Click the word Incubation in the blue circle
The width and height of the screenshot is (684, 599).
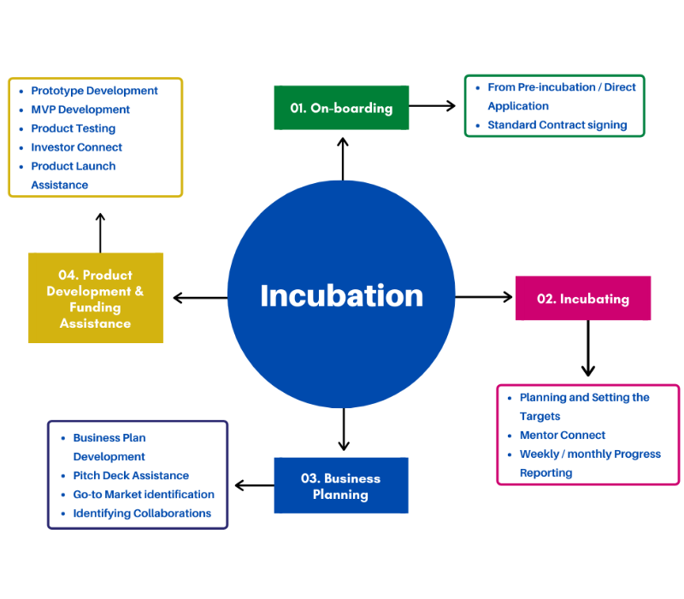tap(341, 296)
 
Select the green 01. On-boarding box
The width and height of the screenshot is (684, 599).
tap(341, 108)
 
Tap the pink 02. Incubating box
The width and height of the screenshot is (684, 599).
tap(582, 299)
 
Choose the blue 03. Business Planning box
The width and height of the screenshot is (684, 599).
tap(341, 486)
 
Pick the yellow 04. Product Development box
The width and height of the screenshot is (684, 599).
tap(96, 299)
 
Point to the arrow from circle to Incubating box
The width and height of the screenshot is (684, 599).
tap(484, 297)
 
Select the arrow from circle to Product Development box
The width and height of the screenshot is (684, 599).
tap(201, 298)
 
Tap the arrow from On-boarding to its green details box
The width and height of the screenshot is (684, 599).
tap(433, 106)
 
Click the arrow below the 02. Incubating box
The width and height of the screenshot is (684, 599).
tap(587, 348)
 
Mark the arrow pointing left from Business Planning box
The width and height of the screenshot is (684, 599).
tap(254, 485)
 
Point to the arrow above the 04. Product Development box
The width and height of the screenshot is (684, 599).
tap(100, 233)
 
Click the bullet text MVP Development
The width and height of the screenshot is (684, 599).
tap(80, 110)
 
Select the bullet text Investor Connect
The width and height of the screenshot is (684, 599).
tap(77, 147)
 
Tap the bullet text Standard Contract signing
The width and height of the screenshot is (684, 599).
tap(557, 125)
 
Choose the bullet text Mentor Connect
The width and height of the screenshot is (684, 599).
tap(562, 435)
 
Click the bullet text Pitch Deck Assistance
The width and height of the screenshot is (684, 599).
tap(131, 476)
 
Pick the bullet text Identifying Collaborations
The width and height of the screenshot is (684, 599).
tap(142, 513)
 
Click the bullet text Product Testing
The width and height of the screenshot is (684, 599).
tap(73, 128)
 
